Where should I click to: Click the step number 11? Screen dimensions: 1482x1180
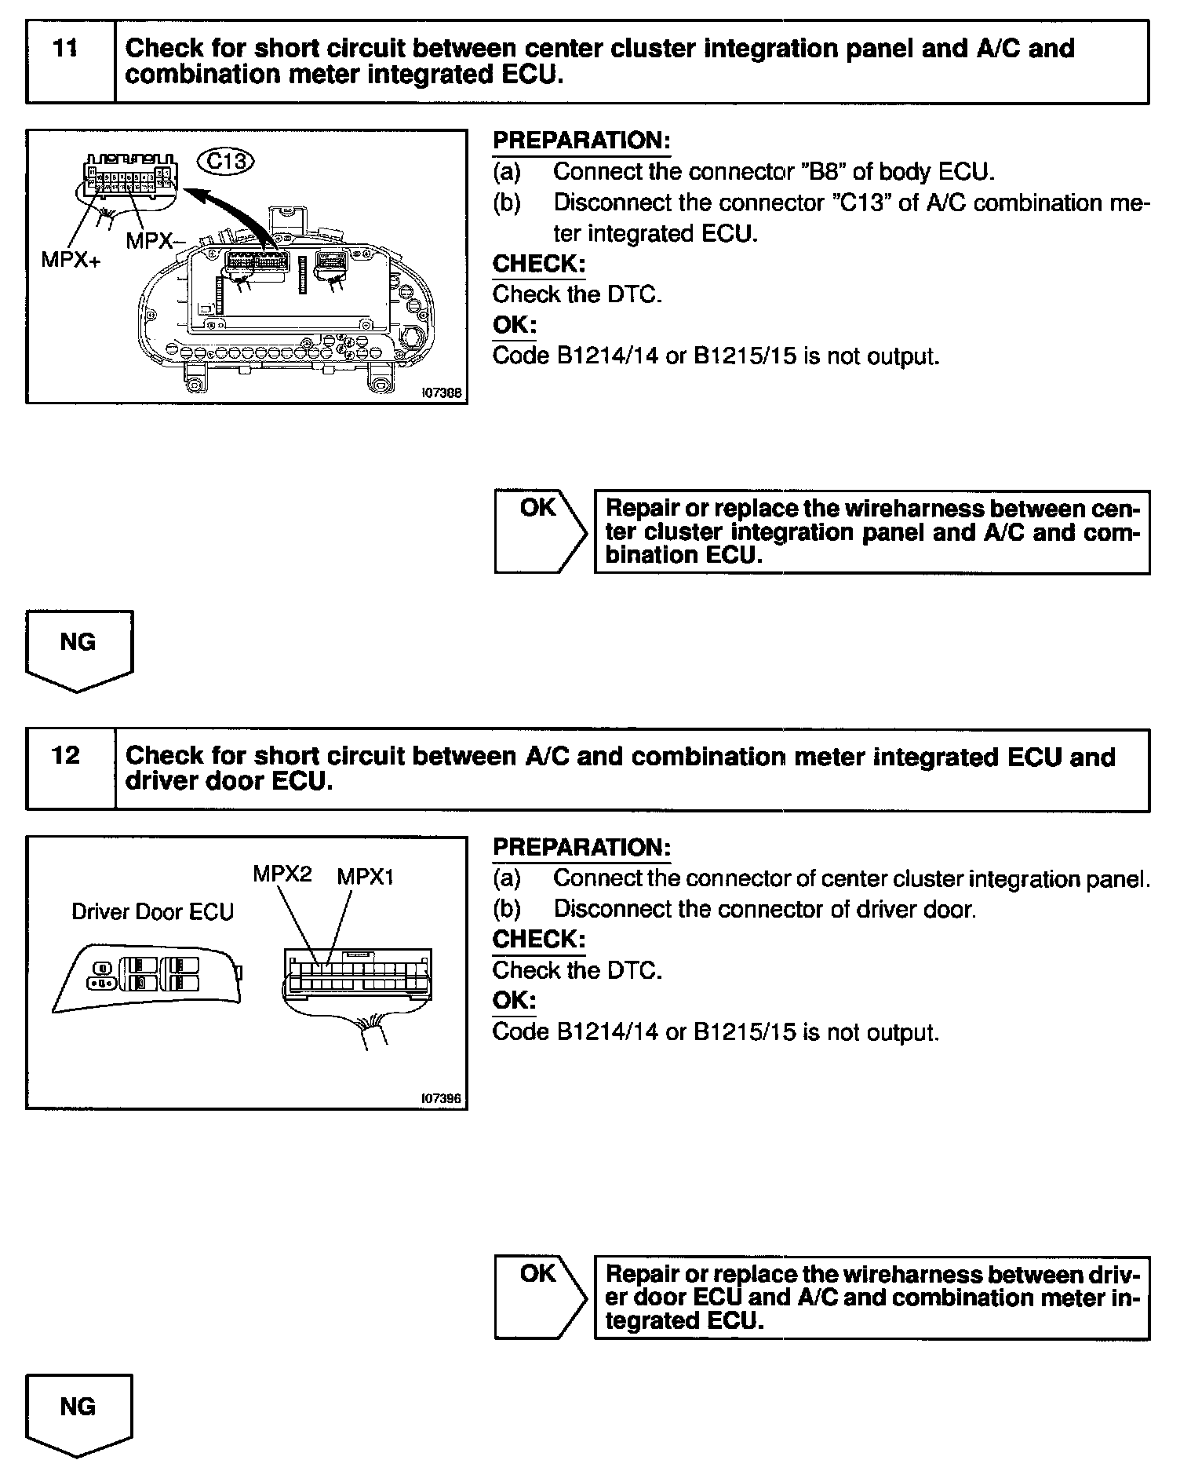(x=66, y=49)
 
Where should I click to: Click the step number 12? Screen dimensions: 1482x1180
(x=66, y=755)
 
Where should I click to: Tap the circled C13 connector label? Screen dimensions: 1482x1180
(x=227, y=162)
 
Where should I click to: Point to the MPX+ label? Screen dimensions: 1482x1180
(x=71, y=260)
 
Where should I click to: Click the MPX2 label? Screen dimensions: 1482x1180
(x=282, y=874)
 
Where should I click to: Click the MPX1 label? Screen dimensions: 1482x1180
(x=365, y=877)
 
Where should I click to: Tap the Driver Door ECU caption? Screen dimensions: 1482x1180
(x=152, y=912)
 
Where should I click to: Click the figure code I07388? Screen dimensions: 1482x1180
(x=442, y=393)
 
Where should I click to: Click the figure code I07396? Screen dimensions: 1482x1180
(x=442, y=1099)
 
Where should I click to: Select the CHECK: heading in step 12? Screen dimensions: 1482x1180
(x=538, y=940)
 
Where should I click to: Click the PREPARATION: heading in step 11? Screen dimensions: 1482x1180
(x=581, y=141)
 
